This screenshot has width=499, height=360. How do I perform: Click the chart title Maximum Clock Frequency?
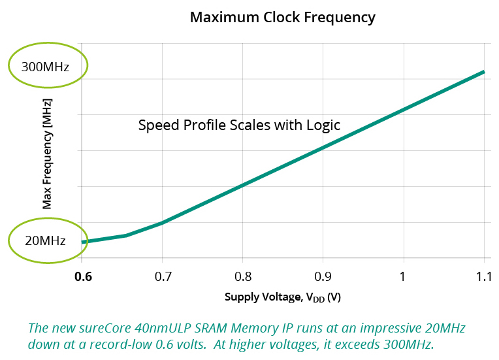[x=282, y=17]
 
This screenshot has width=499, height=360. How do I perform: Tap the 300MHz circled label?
[x=45, y=67]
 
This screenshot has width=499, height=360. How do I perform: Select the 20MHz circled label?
[x=45, y=240]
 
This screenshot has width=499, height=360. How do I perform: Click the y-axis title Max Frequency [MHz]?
[x=46, y=154]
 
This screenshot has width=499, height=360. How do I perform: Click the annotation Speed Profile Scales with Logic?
[x=239, y=125]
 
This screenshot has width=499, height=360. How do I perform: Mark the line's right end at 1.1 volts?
[x=483, y=72]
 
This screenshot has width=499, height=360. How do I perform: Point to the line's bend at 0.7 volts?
[x=163, y=223]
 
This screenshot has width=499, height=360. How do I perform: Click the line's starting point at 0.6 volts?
[x=83, y=242]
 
